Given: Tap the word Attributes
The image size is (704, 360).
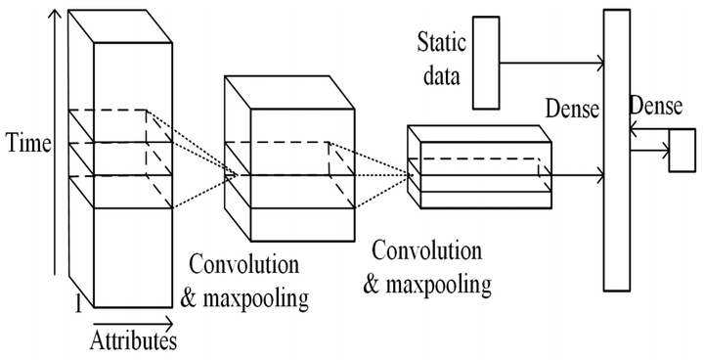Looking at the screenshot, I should [x=133, y=341].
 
